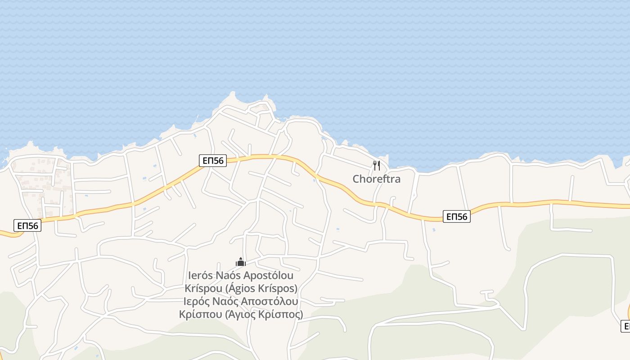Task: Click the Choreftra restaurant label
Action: (x=376, y=179)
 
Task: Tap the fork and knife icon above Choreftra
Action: (x=377, y=166)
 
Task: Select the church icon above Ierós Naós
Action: (x=241, y=262)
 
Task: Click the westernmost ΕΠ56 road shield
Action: (x=27, y=225)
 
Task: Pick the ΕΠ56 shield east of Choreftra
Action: (x=456, y=217)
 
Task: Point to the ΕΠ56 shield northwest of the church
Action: (x=212, y=161)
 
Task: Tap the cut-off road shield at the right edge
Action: (x=625, y=326)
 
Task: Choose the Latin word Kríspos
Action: (x=280, y=288)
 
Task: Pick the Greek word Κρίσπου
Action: (x=200, y=314)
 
